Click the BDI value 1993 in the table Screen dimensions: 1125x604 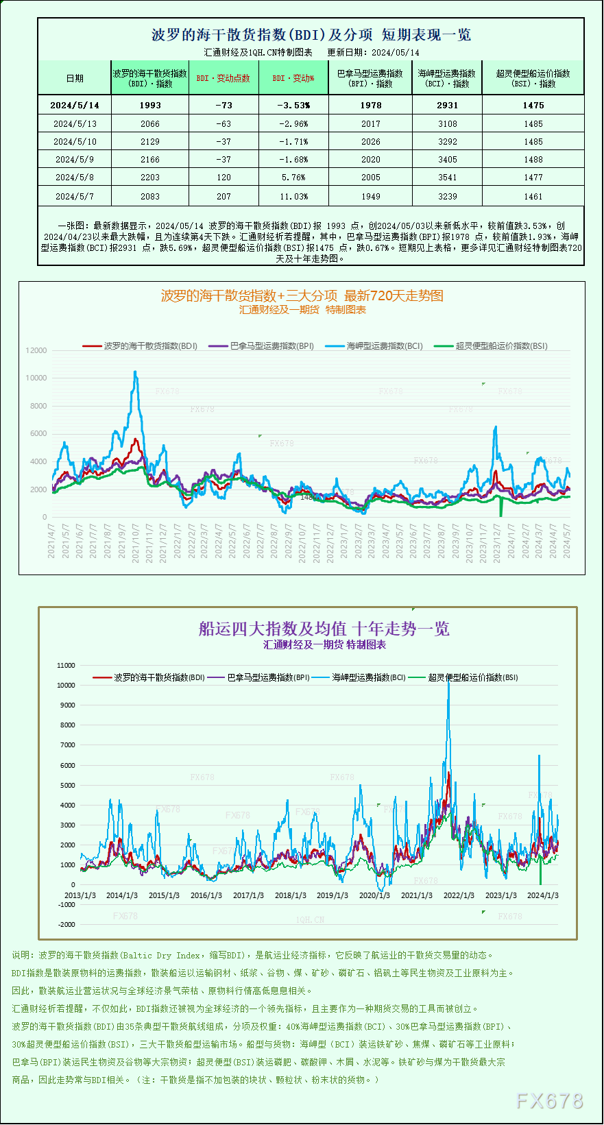coord(149,106)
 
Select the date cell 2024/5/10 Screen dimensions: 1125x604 coord(75,142)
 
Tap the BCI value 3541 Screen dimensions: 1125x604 coord(447,178)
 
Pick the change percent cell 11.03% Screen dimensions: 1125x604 coord(293,197)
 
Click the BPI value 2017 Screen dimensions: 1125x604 coord(370,124)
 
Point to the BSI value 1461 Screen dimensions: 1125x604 coord(533,197)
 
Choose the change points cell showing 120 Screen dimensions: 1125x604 coord(224,178)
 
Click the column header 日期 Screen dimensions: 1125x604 coord(75,78)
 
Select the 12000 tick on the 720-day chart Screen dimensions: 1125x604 coord(36,350)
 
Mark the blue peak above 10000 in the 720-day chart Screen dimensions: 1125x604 coord(135,373)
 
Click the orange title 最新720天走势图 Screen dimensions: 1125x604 coord(394,296)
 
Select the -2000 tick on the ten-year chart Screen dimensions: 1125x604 coord(67,924)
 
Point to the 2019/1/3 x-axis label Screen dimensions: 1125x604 coord(333,895)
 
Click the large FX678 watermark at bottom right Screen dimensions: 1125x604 coord(549,1101)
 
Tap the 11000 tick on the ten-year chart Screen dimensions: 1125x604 coord(67,665)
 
